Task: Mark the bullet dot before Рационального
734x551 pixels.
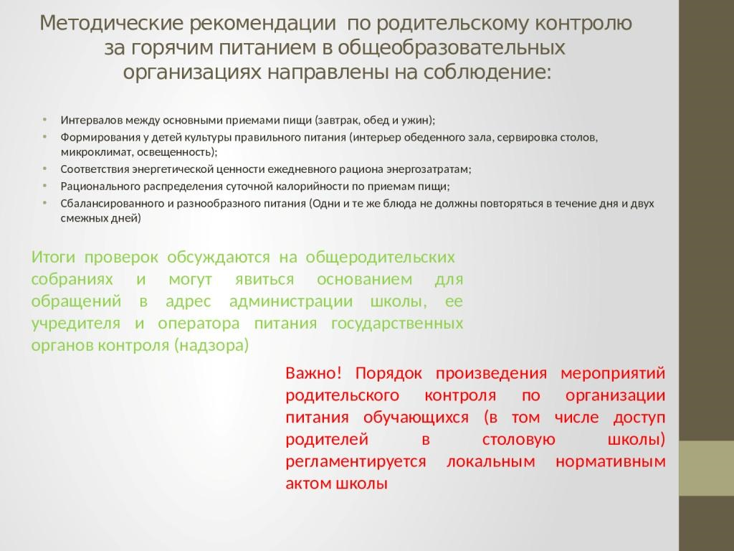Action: point(44,186)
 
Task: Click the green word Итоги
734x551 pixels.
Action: point(53,258)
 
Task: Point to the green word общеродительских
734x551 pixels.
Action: point(380,258)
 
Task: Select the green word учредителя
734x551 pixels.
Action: point(76,324)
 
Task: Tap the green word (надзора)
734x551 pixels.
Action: point(211,345)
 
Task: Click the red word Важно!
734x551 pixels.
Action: point(314,373)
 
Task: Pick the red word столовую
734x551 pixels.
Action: point(519,440)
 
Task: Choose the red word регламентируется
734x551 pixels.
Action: point(356,461)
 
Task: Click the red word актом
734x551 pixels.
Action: point(308,484)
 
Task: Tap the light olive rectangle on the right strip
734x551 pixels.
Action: point(706,468)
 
